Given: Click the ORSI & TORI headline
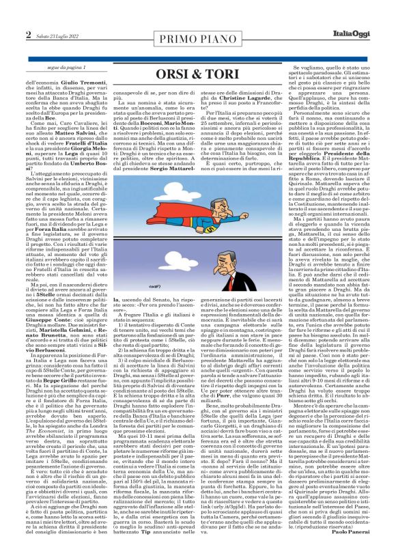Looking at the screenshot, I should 197,71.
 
